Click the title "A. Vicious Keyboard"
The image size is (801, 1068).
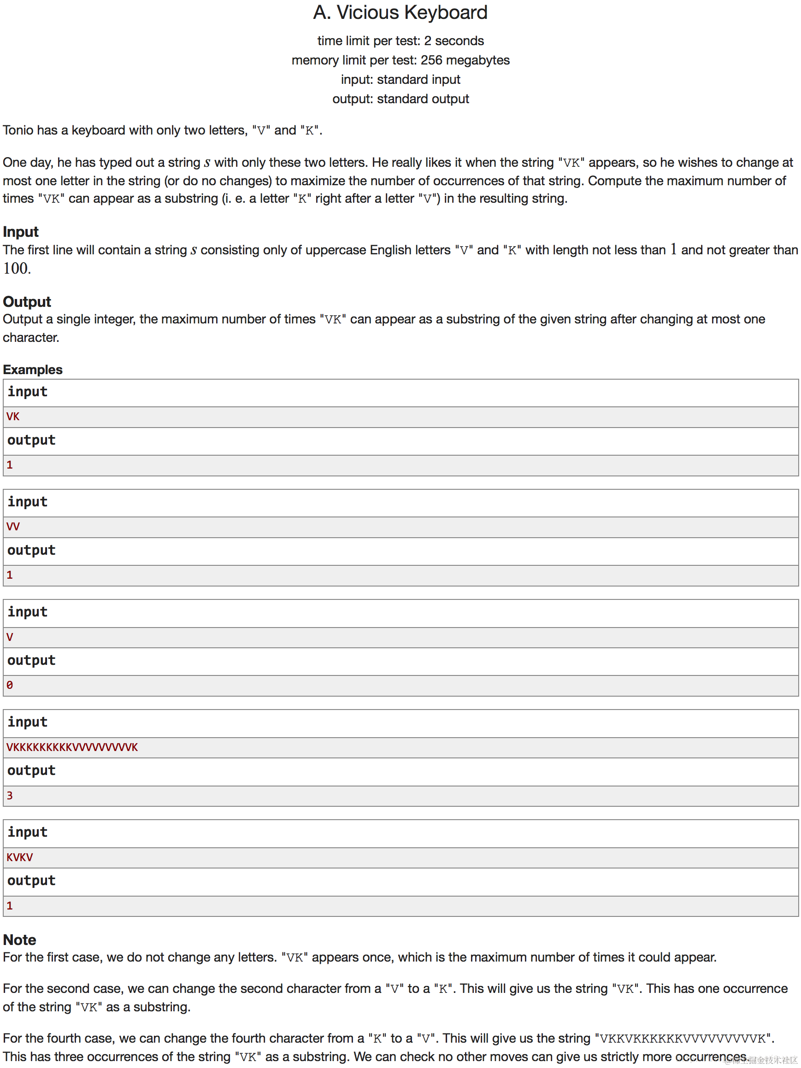(400, 12)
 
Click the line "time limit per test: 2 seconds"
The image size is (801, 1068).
(400, 41)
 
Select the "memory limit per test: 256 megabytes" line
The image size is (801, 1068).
(400, 60)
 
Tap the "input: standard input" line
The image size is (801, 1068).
(400, 79)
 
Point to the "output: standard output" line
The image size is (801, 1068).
(400, 99)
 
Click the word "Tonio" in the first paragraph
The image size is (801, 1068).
(18, 130)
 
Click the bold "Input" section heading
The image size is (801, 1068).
(21, 232)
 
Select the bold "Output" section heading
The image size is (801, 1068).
(27, 302)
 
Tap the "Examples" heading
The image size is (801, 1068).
(33, 370)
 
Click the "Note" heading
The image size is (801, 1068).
(20, 939)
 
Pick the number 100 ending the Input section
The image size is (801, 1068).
(17, 269)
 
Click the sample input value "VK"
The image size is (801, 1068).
(13, 416)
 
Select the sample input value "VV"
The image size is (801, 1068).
(13, 526)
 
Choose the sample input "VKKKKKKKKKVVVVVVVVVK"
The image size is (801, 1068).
(72, 747)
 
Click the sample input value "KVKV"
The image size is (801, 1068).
(20, 857)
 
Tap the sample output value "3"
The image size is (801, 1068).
(10, 795)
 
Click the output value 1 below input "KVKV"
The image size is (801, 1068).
(10, 905)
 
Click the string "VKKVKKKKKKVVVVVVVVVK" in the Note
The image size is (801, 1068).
(682, 1039)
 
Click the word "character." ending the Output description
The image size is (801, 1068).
(31, 337)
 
